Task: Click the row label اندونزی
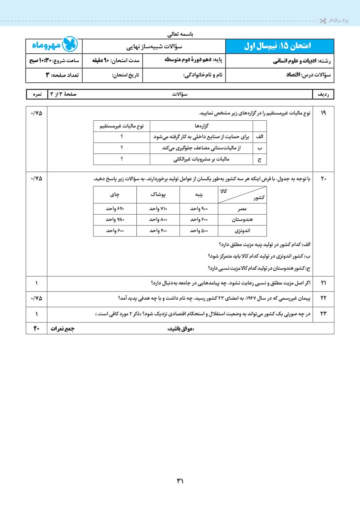[242, 231]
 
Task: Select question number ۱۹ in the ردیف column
[323, 113]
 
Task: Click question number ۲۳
[323, 314]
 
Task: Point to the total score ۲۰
[36, 329]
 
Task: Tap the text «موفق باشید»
[181, 329]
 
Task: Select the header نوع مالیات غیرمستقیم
[121, 127]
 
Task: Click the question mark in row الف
[121, 137]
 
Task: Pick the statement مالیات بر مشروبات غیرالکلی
[200, 159]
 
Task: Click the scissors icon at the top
[322, 21]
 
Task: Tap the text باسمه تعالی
[180, 34]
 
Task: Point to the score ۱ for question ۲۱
[36, 283]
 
